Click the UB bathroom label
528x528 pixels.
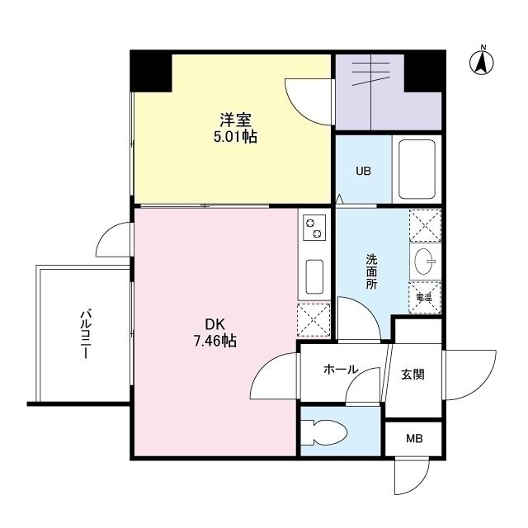pyautogui.click(x=363, y=172)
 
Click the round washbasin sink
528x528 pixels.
pyautogui.click(x=426, y=262)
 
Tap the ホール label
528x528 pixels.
pyautogui.click(x=341, y=370)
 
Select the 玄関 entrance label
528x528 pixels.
pyautogui.click(x=412, y=374)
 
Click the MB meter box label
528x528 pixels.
pyautogui.click(x=413, y=438)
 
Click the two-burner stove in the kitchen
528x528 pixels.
pyautogui.click(x=313, y=229)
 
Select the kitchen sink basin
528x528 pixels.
pyautogui.click(x=313, y=276)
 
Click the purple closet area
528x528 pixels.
pyautogui.click(x=388, y=91)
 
